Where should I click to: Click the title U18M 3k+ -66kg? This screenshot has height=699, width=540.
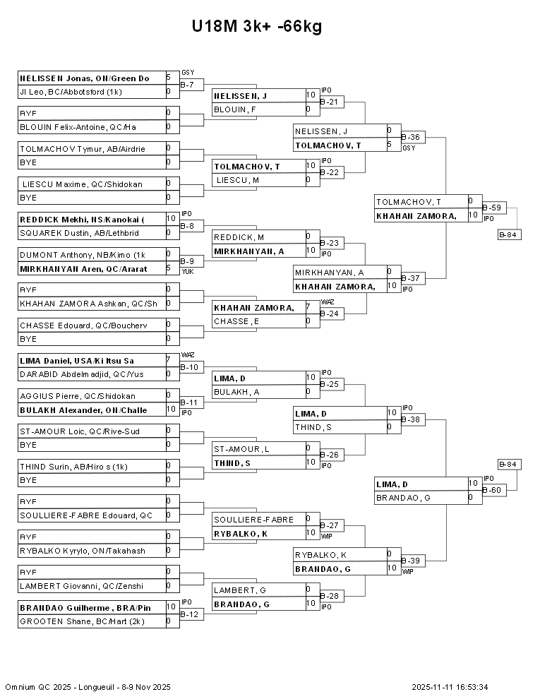pyautogui.click(x=257, y=27)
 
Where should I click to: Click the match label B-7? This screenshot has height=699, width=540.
pyautogui.click(x=187, y=85)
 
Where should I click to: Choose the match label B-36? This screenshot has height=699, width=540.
pyautogui.click(x=411, y=137)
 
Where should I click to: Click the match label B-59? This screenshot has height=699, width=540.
pyautogui.click(x=492, y=208)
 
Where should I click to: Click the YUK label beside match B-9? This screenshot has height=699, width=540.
pyautogui.click(x=187, y=270)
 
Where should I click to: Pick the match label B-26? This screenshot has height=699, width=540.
pyautogui.click(x=330, y=455)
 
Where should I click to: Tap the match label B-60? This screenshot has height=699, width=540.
pyautogui.click(x=492, y=490)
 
